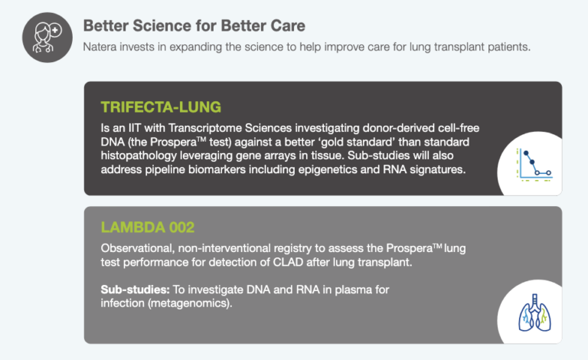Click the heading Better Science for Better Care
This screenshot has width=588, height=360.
pos(194,25)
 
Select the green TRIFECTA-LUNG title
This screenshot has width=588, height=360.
pos(162,105)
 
